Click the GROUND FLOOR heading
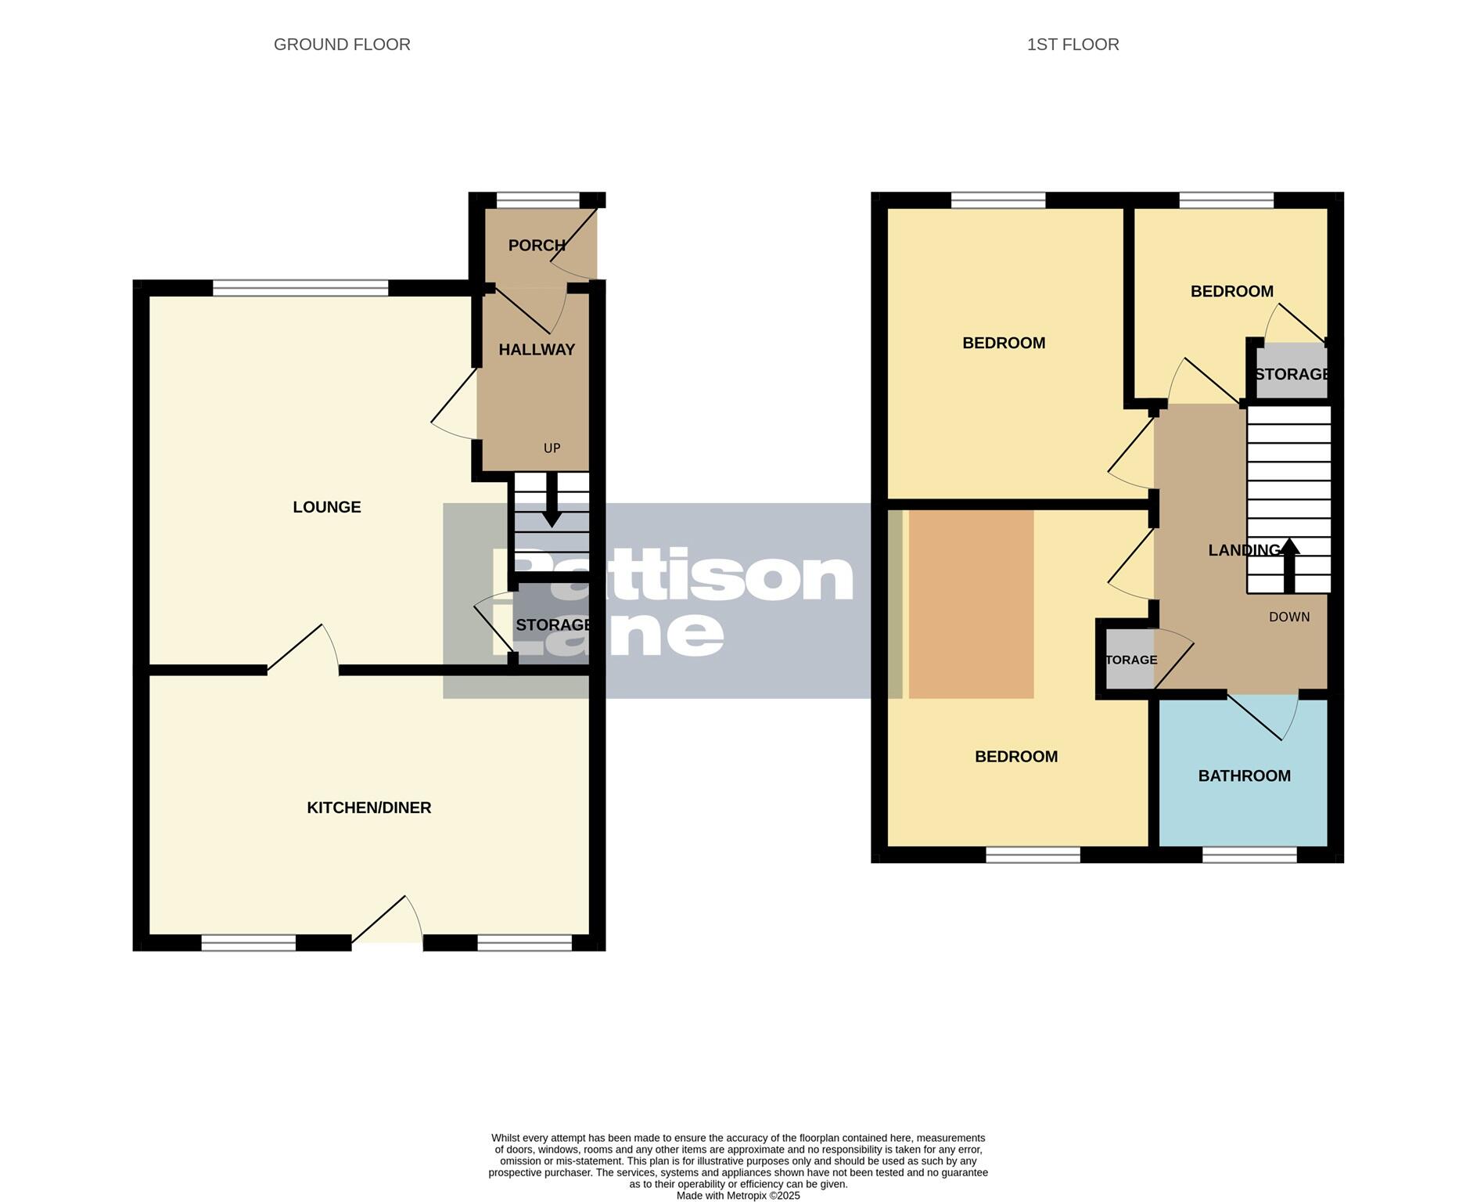342,45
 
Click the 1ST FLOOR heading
1073,45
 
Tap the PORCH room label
537,246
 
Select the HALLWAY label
537,350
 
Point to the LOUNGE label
327,507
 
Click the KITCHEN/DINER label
368,808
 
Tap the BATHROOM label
1244,776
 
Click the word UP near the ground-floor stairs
552,448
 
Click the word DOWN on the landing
1288,617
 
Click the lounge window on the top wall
300,288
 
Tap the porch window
537,200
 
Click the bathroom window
1249,855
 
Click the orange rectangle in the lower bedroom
971,603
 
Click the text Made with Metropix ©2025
738,1195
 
